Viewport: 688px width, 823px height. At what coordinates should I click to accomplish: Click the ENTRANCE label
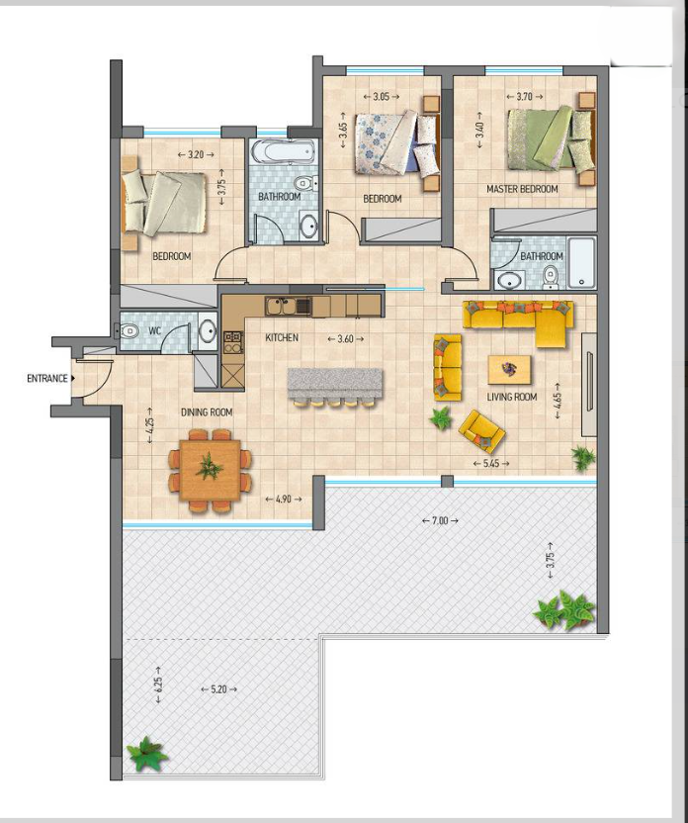(46, 378)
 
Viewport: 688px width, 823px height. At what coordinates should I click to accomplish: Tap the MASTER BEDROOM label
(522, 189)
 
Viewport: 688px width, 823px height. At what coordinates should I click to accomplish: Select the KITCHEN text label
(282, 338)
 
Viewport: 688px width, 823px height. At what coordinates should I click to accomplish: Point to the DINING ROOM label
(206, 411)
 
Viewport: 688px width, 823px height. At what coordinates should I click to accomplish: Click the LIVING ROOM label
(512, 398)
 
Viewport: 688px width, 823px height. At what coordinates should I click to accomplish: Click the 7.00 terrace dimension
(439, 520)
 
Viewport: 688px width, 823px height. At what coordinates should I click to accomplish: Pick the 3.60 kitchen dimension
(344, 338)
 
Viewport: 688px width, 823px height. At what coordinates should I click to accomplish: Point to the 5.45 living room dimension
(490, 463)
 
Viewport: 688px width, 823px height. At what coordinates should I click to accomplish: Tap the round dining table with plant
(209, 467)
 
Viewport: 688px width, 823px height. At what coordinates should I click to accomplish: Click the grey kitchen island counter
(335, 383)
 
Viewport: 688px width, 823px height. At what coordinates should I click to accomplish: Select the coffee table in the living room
(509, 369)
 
